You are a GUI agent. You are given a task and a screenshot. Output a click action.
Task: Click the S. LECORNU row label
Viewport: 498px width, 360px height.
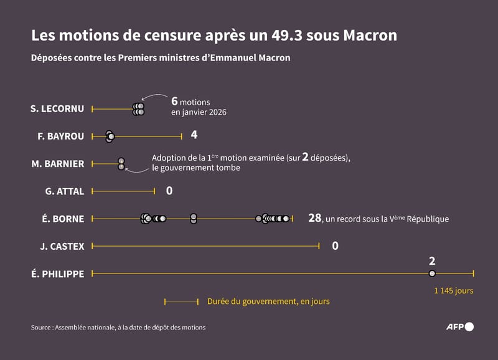coord(57,109)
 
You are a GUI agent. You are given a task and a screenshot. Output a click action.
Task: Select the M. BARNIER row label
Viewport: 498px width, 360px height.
coord(58,164)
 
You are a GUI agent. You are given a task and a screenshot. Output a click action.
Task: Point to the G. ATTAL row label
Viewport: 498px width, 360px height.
coord(65,191)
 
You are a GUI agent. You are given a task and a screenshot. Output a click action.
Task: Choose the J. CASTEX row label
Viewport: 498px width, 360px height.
coord(62,246)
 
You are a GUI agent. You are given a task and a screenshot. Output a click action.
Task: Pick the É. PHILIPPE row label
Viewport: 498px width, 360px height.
coord(57,273)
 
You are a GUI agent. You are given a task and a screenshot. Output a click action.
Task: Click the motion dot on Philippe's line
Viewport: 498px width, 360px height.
coord(432,273)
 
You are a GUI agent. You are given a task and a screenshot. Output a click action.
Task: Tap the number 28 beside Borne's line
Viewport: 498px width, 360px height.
coord(314,218)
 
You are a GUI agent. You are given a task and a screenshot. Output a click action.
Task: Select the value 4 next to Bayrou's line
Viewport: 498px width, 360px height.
coord(194,135)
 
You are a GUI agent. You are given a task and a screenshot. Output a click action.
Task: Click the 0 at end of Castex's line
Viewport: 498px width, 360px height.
coord(335,246)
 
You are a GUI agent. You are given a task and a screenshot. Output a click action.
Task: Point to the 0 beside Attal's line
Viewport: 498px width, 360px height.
coord(169,191)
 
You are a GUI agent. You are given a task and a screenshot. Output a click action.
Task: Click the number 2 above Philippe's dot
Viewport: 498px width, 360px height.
coord(432,261)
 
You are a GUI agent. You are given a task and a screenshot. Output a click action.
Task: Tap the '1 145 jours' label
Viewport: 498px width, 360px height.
coord(454,290)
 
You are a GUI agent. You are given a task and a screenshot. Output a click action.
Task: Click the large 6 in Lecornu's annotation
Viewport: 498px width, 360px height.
coord(175,102)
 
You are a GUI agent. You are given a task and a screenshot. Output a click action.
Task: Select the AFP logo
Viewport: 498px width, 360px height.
coord(460,326)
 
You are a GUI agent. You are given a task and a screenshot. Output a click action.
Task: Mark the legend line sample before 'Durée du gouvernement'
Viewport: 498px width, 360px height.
coord(181,301)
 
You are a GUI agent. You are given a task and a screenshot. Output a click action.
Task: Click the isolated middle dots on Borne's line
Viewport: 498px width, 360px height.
coord(194,219)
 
